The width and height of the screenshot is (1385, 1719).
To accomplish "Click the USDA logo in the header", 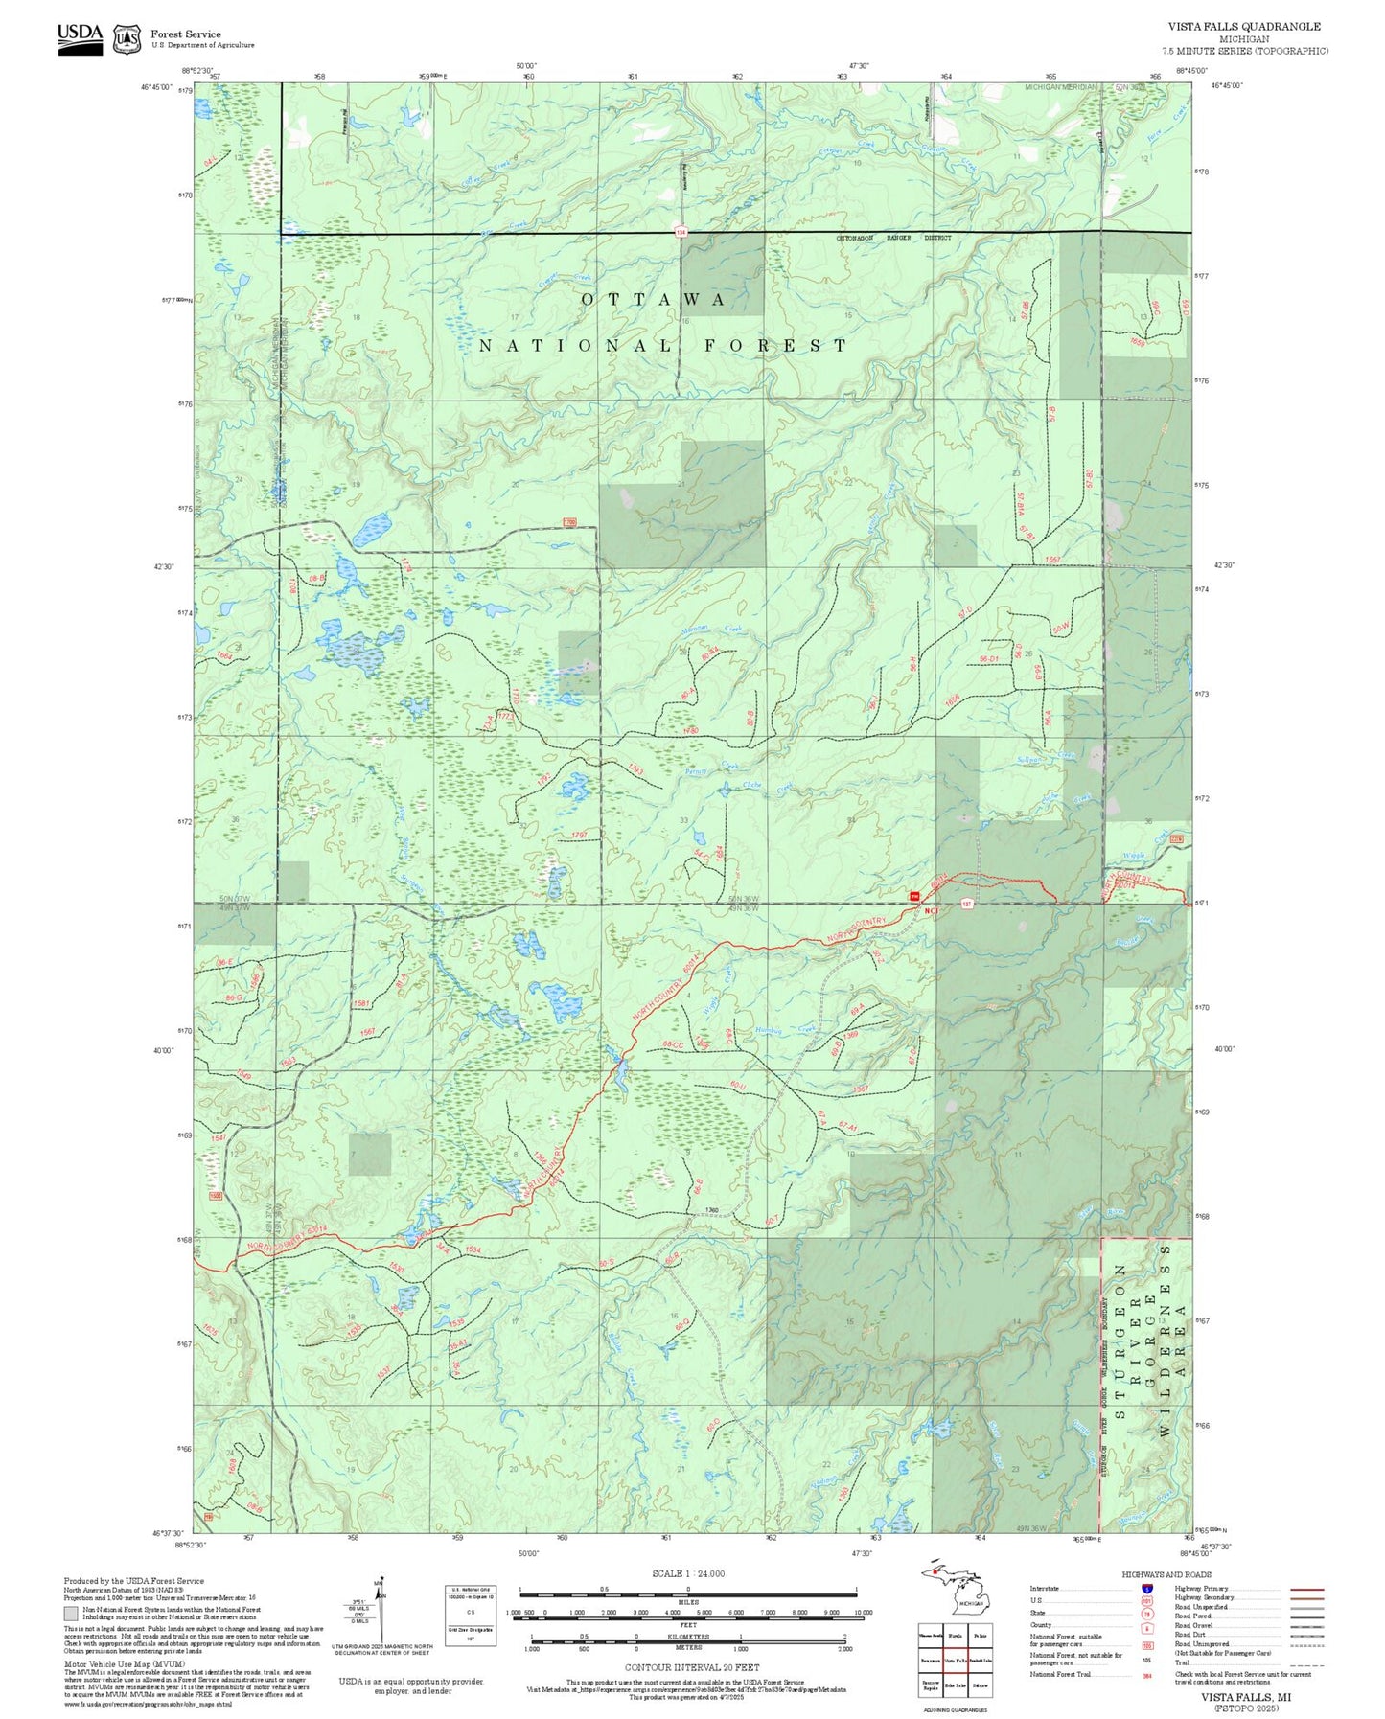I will (x=80, y=37).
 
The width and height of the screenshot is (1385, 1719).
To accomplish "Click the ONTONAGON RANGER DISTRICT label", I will (x=893, y=237).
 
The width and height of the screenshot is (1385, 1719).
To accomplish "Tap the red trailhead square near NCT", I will (x=914, y=896).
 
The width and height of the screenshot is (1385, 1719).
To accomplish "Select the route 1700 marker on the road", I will (x=569, y=522).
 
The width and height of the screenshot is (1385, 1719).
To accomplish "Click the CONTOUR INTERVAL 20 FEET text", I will (x=691, y=1667).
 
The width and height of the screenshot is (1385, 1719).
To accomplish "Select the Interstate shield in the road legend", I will (x=1146, y=1588).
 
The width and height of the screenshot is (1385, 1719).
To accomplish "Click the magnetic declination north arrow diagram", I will (x=381, y=1610).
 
